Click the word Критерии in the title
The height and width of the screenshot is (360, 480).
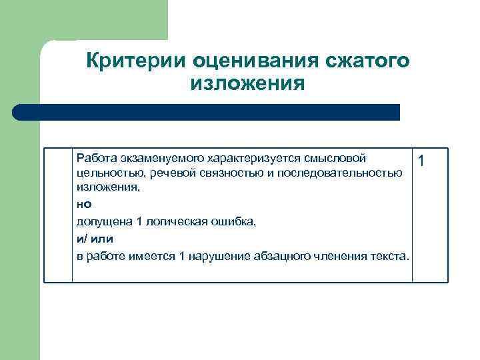click(135, 61)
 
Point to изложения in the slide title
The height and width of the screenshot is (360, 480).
click(247, 85)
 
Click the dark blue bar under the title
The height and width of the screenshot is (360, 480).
click(207, 112)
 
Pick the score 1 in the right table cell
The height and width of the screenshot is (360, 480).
click(421, 161)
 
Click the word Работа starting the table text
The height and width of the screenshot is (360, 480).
click(97, 158)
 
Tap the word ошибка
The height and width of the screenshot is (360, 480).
click(231, 221)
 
